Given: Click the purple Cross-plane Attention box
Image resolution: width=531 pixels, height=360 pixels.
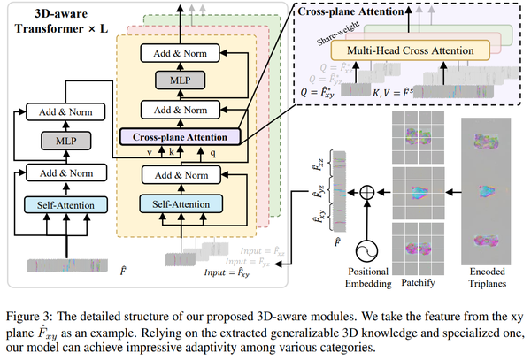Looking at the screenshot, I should point(181,137).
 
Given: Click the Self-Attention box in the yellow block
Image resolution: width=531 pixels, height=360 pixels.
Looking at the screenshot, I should point(180,204).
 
